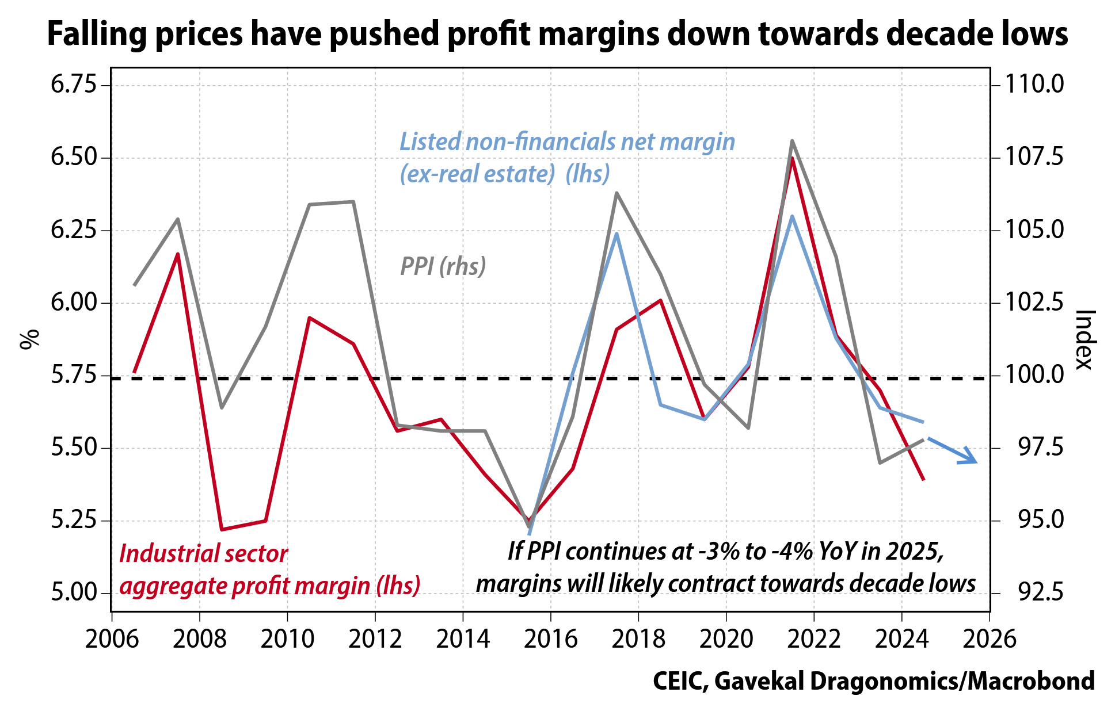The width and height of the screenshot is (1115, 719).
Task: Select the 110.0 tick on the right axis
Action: (x=1034, y=85)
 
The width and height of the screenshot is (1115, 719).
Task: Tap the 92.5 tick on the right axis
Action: (x=1034, y=593)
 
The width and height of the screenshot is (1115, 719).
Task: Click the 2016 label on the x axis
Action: (x=550, y=639)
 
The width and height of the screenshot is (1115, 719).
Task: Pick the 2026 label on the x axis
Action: (x=990, y=639)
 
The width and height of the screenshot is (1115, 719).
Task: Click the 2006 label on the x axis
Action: (x=112, y=639)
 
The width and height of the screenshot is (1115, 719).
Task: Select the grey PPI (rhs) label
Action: (x=443, y=266)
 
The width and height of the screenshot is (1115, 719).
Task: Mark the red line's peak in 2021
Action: (x=793, y=158)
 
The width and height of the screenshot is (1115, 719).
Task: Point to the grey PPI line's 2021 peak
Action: (x=793, y=140)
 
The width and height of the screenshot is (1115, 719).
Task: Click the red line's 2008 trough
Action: (x=222, y=529)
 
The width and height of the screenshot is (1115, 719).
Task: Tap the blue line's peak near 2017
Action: (x=617, y=234)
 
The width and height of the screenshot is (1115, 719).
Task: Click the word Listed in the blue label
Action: (x=430, y=142)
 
